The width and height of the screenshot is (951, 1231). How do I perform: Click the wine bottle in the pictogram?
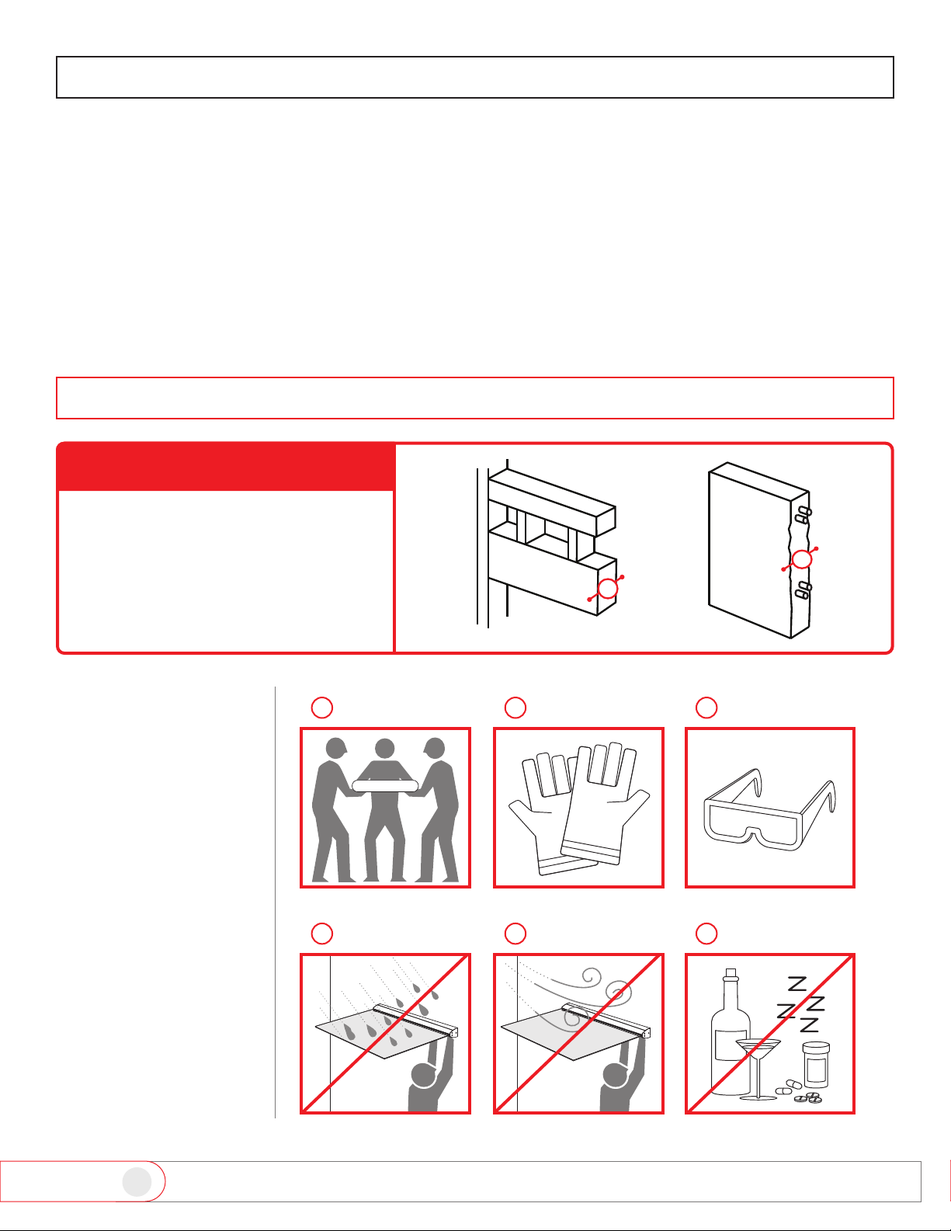click(730, 1038)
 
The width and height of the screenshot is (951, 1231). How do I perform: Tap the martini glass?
click(758, 1069)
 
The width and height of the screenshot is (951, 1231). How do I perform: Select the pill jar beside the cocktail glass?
click(816, 1065)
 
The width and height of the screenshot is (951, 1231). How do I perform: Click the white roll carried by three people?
click(385, 786)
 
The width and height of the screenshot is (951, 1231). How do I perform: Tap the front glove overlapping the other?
click(605, 805)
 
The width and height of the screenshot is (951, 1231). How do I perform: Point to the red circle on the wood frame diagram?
click(607, 589)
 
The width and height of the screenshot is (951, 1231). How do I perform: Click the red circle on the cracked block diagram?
click(801, 560)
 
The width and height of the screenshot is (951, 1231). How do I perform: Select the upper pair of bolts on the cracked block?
click(803, 515)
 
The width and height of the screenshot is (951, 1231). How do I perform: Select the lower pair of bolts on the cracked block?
click(803, 589)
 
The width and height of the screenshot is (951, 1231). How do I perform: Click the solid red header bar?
click(226, 468)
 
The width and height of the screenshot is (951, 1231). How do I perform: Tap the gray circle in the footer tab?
click(137, 1182)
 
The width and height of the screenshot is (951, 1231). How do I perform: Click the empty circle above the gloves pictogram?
click(515, 708)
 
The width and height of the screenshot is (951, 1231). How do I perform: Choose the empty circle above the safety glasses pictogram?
click(706, 708)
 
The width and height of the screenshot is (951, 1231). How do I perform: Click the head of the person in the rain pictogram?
click(423, 1074)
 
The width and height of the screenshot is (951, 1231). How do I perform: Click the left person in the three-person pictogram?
click(331, 810)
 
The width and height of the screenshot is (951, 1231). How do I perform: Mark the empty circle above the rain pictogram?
click(322, 933)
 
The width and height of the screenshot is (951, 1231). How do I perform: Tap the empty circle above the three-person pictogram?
click(322, 708)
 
